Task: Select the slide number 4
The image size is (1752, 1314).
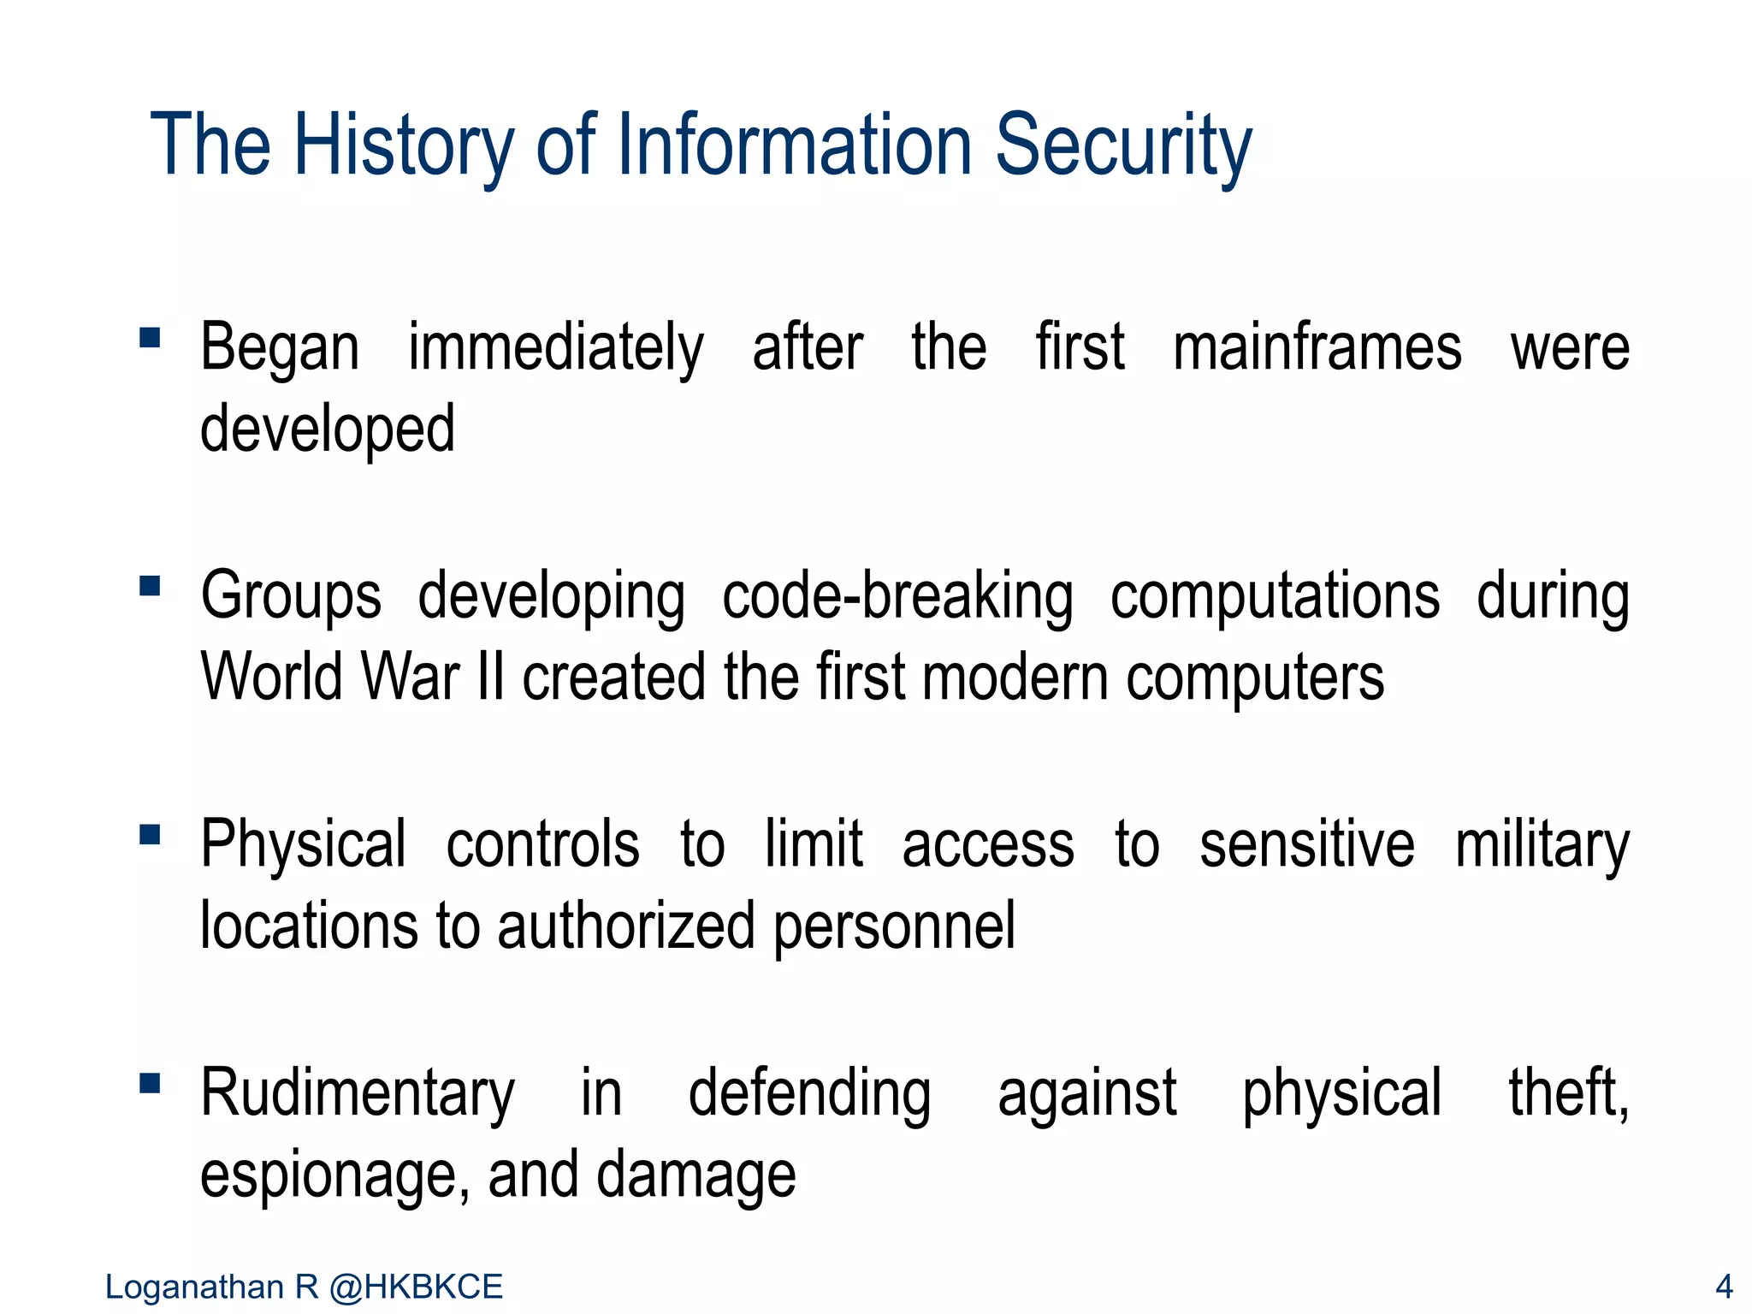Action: point(1724,1287)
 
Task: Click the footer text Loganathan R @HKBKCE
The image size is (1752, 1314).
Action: point(304,1287)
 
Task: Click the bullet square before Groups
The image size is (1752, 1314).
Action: point(150,586)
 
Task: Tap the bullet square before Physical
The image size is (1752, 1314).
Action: point(150,834)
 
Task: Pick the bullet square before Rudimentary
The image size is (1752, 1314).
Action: point(150,1083)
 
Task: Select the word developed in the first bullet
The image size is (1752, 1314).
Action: point(327,430)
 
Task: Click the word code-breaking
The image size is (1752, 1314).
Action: point(897,596)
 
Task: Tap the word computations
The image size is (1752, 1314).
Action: point(1275,598)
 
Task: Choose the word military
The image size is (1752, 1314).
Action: point(1542,846)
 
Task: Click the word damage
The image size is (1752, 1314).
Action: point(695,1177)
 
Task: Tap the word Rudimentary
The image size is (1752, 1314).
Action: point(358,1094)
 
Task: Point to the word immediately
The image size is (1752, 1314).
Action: point(555,349)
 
